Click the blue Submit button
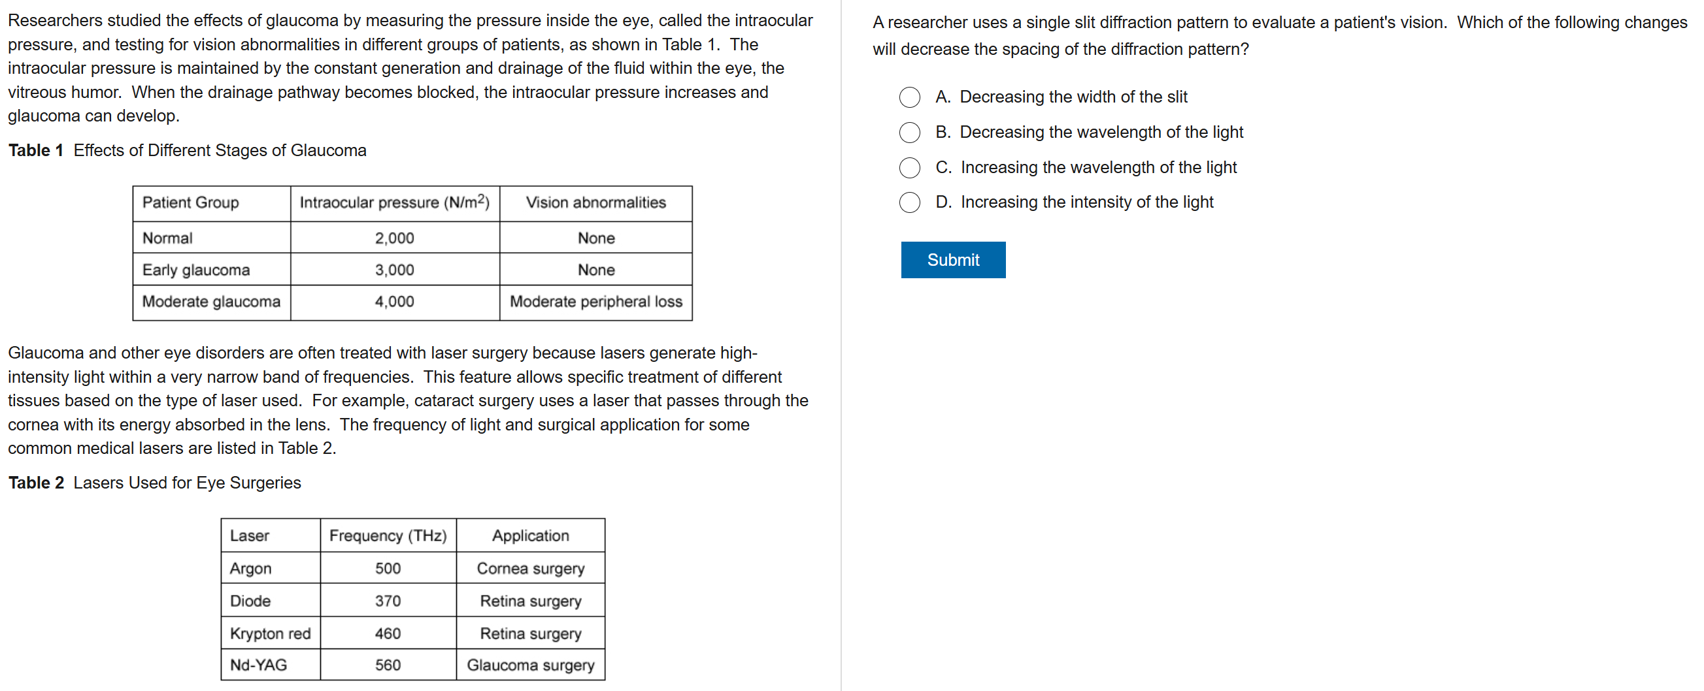(952, 260)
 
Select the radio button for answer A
(909, 97)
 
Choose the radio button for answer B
(909, 132)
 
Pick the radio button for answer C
(909, 167)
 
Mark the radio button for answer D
(909, 202)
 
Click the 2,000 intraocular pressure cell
(394, 238)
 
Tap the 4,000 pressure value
(394, 302)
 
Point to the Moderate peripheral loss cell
(595, 302)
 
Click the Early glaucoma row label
(196, 270)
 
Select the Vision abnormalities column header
(595, 202)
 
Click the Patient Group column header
(190, 202)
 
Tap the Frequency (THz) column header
(388, 536)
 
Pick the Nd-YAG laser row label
(258, 665)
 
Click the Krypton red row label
(270, 634)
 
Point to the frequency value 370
(388, 601)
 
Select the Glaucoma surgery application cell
(531, 665)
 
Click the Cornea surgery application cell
(531, 569)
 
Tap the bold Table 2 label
(36, 483)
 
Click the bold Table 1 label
(36, 150)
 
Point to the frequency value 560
(388, 665)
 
